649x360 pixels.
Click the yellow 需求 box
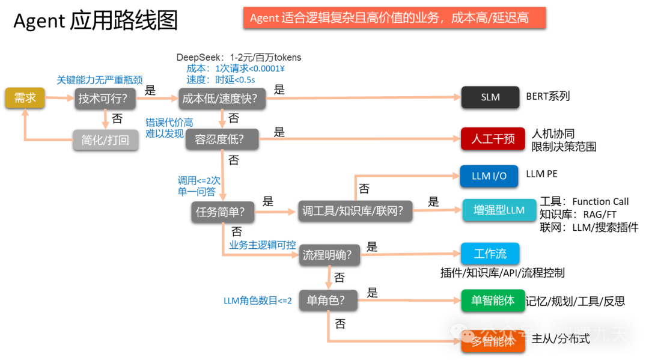pos(25,98)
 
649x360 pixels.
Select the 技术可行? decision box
pos(105,98)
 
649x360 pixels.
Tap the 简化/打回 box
pos(105,140)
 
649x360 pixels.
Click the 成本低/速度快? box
pos(223,98)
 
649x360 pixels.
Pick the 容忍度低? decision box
pos(222,139)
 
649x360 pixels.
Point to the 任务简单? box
pos(223,211)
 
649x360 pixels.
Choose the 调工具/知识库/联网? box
pos(355,211)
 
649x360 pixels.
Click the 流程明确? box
pos(329,254)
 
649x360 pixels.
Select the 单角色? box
pos(328,299)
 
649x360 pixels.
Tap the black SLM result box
pos(490,97)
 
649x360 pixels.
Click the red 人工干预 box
pos(493,139)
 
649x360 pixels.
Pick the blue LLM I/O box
pos(489,176)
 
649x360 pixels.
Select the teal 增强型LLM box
pos(499,210)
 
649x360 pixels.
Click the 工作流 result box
pos(490,254)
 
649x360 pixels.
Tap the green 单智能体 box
pos(493,300)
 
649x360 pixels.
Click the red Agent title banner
pos(394,17)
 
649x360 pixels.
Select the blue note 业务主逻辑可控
pos(263,245)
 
